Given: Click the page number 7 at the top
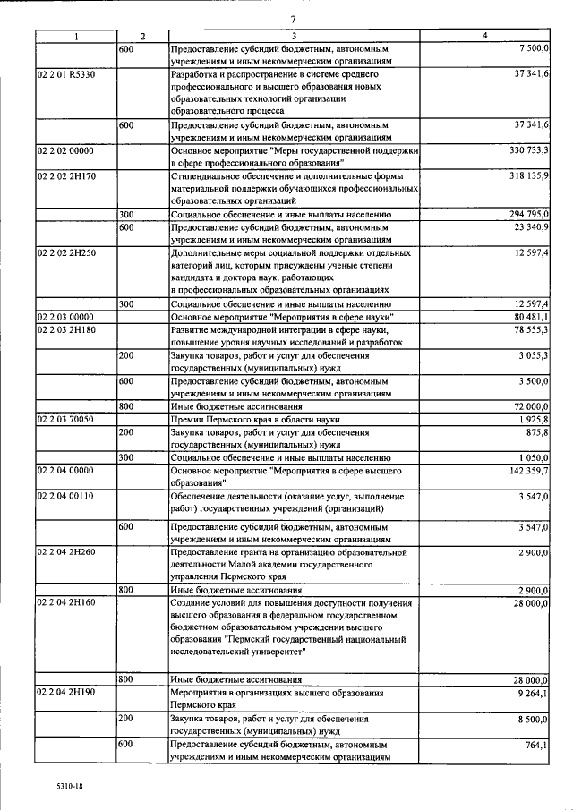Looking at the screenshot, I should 292,20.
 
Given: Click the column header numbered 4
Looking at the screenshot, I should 484,35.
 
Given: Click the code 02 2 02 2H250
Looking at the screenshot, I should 66,253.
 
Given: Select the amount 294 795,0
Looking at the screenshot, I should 529,215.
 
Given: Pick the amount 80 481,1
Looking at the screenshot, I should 532,317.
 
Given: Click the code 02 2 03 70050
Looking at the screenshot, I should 66,419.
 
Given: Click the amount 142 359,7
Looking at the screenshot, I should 528,470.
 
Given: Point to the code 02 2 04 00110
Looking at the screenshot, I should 66,495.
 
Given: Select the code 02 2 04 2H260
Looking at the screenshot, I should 66,552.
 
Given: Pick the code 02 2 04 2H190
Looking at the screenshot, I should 66,693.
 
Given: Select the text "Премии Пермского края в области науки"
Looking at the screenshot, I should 258,419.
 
